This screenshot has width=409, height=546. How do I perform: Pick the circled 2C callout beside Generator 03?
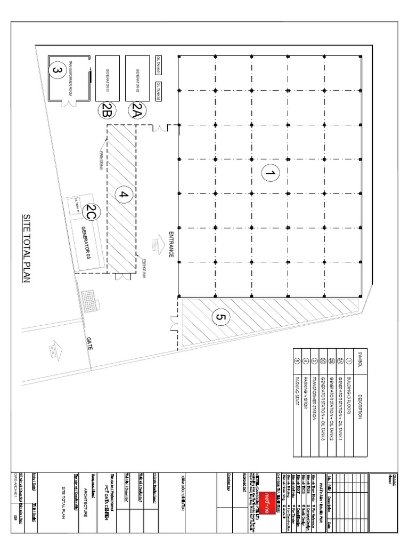[92, 213]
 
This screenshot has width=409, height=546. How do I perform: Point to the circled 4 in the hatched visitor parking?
[124, 195]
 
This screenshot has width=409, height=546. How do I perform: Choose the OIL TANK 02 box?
[158, 91]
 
